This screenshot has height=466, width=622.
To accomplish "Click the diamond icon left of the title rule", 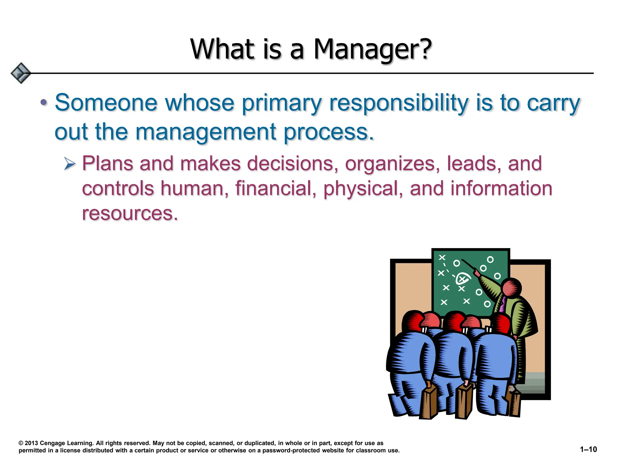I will click(21, 73).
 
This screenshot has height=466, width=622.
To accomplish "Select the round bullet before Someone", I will click(44, 103).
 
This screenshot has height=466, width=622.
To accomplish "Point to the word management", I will click(206, 132).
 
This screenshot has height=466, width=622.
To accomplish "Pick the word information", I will click(501, 188).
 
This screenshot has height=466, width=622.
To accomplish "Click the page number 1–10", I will click(588, 449).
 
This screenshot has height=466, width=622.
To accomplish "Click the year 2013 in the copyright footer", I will click(31, 443).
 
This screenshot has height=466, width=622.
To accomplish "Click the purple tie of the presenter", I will click(503, 305).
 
